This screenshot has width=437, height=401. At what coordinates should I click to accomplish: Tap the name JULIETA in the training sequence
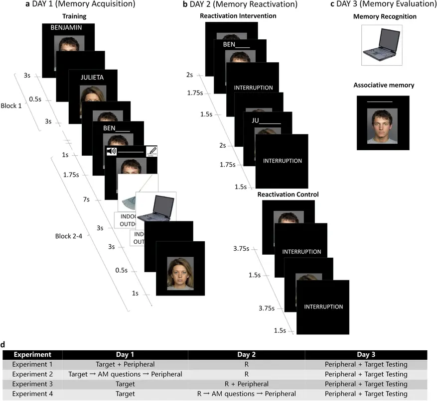[94, 77]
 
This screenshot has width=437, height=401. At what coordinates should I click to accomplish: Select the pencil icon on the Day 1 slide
[150, 150]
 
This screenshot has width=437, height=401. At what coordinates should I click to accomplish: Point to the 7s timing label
[86, 200]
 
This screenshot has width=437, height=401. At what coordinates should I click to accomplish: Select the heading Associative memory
[384, 85]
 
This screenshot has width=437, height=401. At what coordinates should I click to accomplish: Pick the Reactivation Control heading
[288, 194]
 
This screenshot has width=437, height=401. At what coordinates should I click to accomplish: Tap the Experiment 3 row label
[32, 384]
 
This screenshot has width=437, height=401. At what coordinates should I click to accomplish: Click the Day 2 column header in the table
[246, 354]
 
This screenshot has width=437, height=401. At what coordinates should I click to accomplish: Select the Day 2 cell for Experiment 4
[246, 394]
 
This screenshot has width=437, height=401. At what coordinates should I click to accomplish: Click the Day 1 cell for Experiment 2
[125, 374]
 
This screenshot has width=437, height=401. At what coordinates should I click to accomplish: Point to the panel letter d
[4, 344]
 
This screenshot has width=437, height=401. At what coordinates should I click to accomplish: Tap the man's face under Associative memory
[382, 124]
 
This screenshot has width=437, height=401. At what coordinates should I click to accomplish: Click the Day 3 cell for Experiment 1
[371, 364]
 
